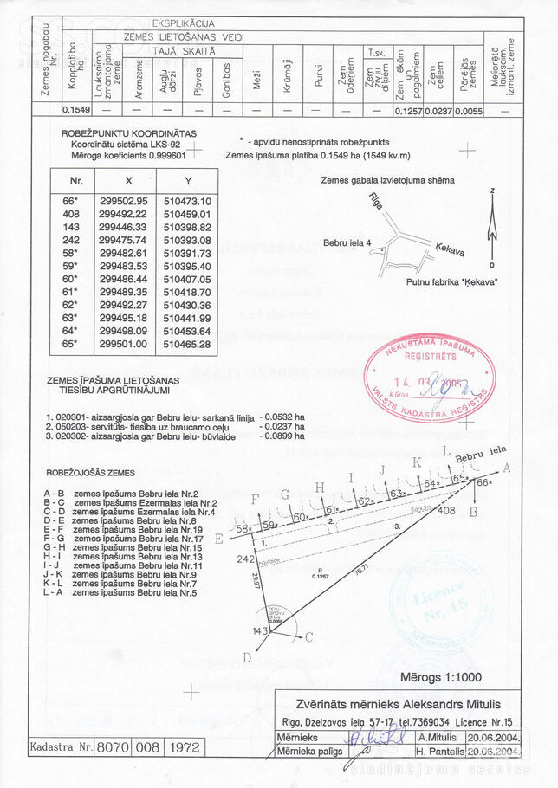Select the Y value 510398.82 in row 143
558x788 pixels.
point(186,227)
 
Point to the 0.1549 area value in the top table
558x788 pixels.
point(76,111)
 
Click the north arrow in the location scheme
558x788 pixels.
point(491,228)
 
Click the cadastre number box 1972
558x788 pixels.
point(184,746)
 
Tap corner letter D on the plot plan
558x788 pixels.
point(247,657)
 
